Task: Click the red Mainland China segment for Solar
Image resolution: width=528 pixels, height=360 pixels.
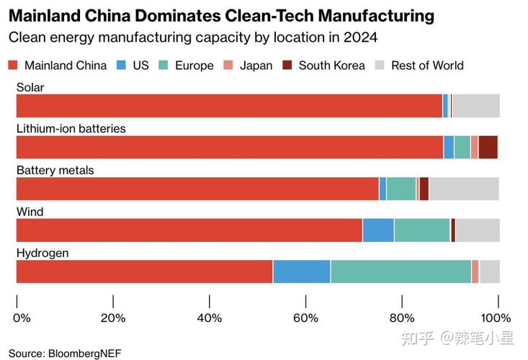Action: (x=229, y=106)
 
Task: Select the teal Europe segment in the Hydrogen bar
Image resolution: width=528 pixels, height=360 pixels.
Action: (x=401, y=272)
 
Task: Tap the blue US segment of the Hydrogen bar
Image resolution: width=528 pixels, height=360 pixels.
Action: (x=301, y=272)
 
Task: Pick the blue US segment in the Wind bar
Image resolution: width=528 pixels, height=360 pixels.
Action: (x=378, y=230)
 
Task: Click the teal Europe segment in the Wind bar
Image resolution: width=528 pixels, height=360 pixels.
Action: (x=422, y=230)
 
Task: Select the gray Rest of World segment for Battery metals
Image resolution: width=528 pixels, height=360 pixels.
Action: (x=463, y=189)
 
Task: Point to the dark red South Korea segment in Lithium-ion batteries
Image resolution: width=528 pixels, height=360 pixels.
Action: (x=488, y=147)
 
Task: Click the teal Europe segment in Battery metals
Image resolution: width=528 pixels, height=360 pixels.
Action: (x=401, y=189)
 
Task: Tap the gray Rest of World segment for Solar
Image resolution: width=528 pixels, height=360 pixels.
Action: (x=475, y=106)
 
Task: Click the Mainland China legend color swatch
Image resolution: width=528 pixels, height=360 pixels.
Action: (x=12, y=66)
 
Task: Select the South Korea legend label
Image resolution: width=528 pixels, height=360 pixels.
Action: (x=331, y=66)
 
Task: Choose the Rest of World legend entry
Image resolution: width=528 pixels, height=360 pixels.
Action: (x=427, y=66)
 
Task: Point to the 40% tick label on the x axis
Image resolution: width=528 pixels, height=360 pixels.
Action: (x=210, y=318)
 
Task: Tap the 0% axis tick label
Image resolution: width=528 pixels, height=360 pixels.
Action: (x=22, y=318)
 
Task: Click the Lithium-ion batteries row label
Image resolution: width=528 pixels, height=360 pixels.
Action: (x=71, y=128)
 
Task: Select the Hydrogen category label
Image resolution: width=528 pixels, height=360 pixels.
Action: (x=42, y=253)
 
